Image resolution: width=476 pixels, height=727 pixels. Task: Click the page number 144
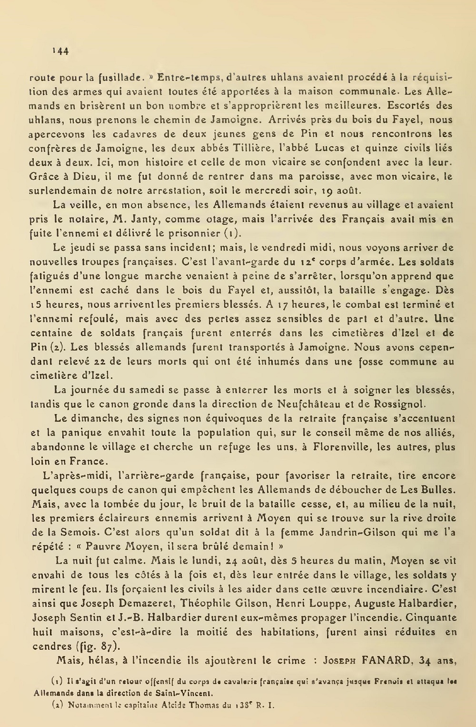pos(60,51)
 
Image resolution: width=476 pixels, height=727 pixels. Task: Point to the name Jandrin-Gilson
pos(360,532)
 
